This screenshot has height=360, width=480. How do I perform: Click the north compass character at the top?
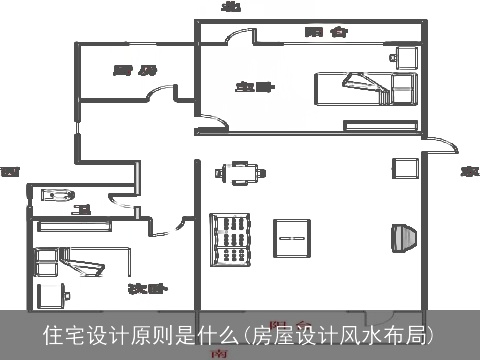(x=232, y=7)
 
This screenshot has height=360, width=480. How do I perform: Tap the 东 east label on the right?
(x=466, y=172)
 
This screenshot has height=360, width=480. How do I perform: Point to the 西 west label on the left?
(x=10, y=172)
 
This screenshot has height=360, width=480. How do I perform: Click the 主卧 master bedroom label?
(x=255, y=87)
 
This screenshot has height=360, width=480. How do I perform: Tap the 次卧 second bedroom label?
(x=146, y=289)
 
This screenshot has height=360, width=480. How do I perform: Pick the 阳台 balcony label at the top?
(x=326, y=32)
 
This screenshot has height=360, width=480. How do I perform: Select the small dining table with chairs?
(x=241, y=173)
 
